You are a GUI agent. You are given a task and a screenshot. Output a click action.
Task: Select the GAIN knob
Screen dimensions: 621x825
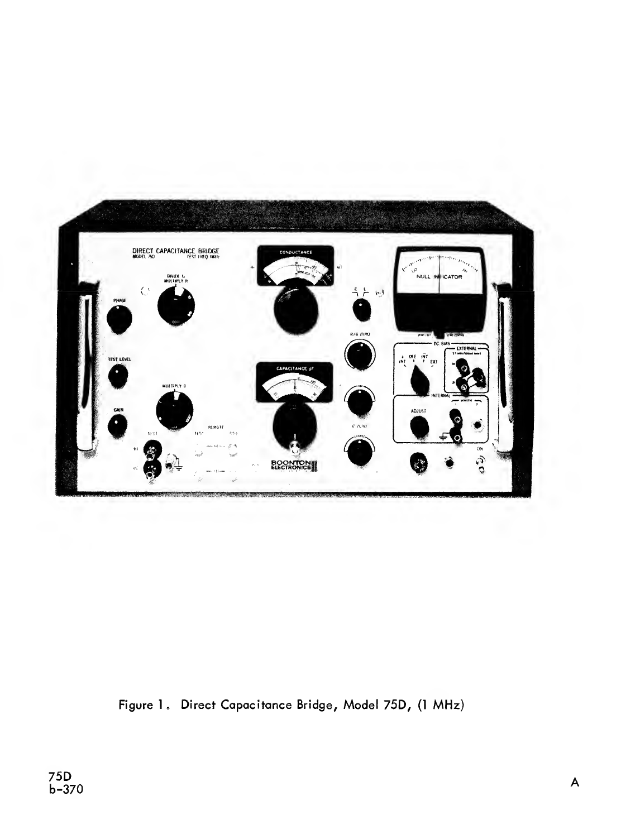click(x=117, y=427)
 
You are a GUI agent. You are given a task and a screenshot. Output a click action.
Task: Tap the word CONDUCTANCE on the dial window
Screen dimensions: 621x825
click(x=295, y=253)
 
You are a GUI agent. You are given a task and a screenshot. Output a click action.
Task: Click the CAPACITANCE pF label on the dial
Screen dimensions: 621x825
click(x=294, y=368)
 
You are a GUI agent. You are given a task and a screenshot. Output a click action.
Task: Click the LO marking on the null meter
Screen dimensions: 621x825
click(x=414, y=270)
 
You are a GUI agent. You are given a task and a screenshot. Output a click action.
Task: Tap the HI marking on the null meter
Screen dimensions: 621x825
click(x=467, y=270)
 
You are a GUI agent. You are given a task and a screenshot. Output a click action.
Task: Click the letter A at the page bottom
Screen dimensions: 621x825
click(x=575, y=783)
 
